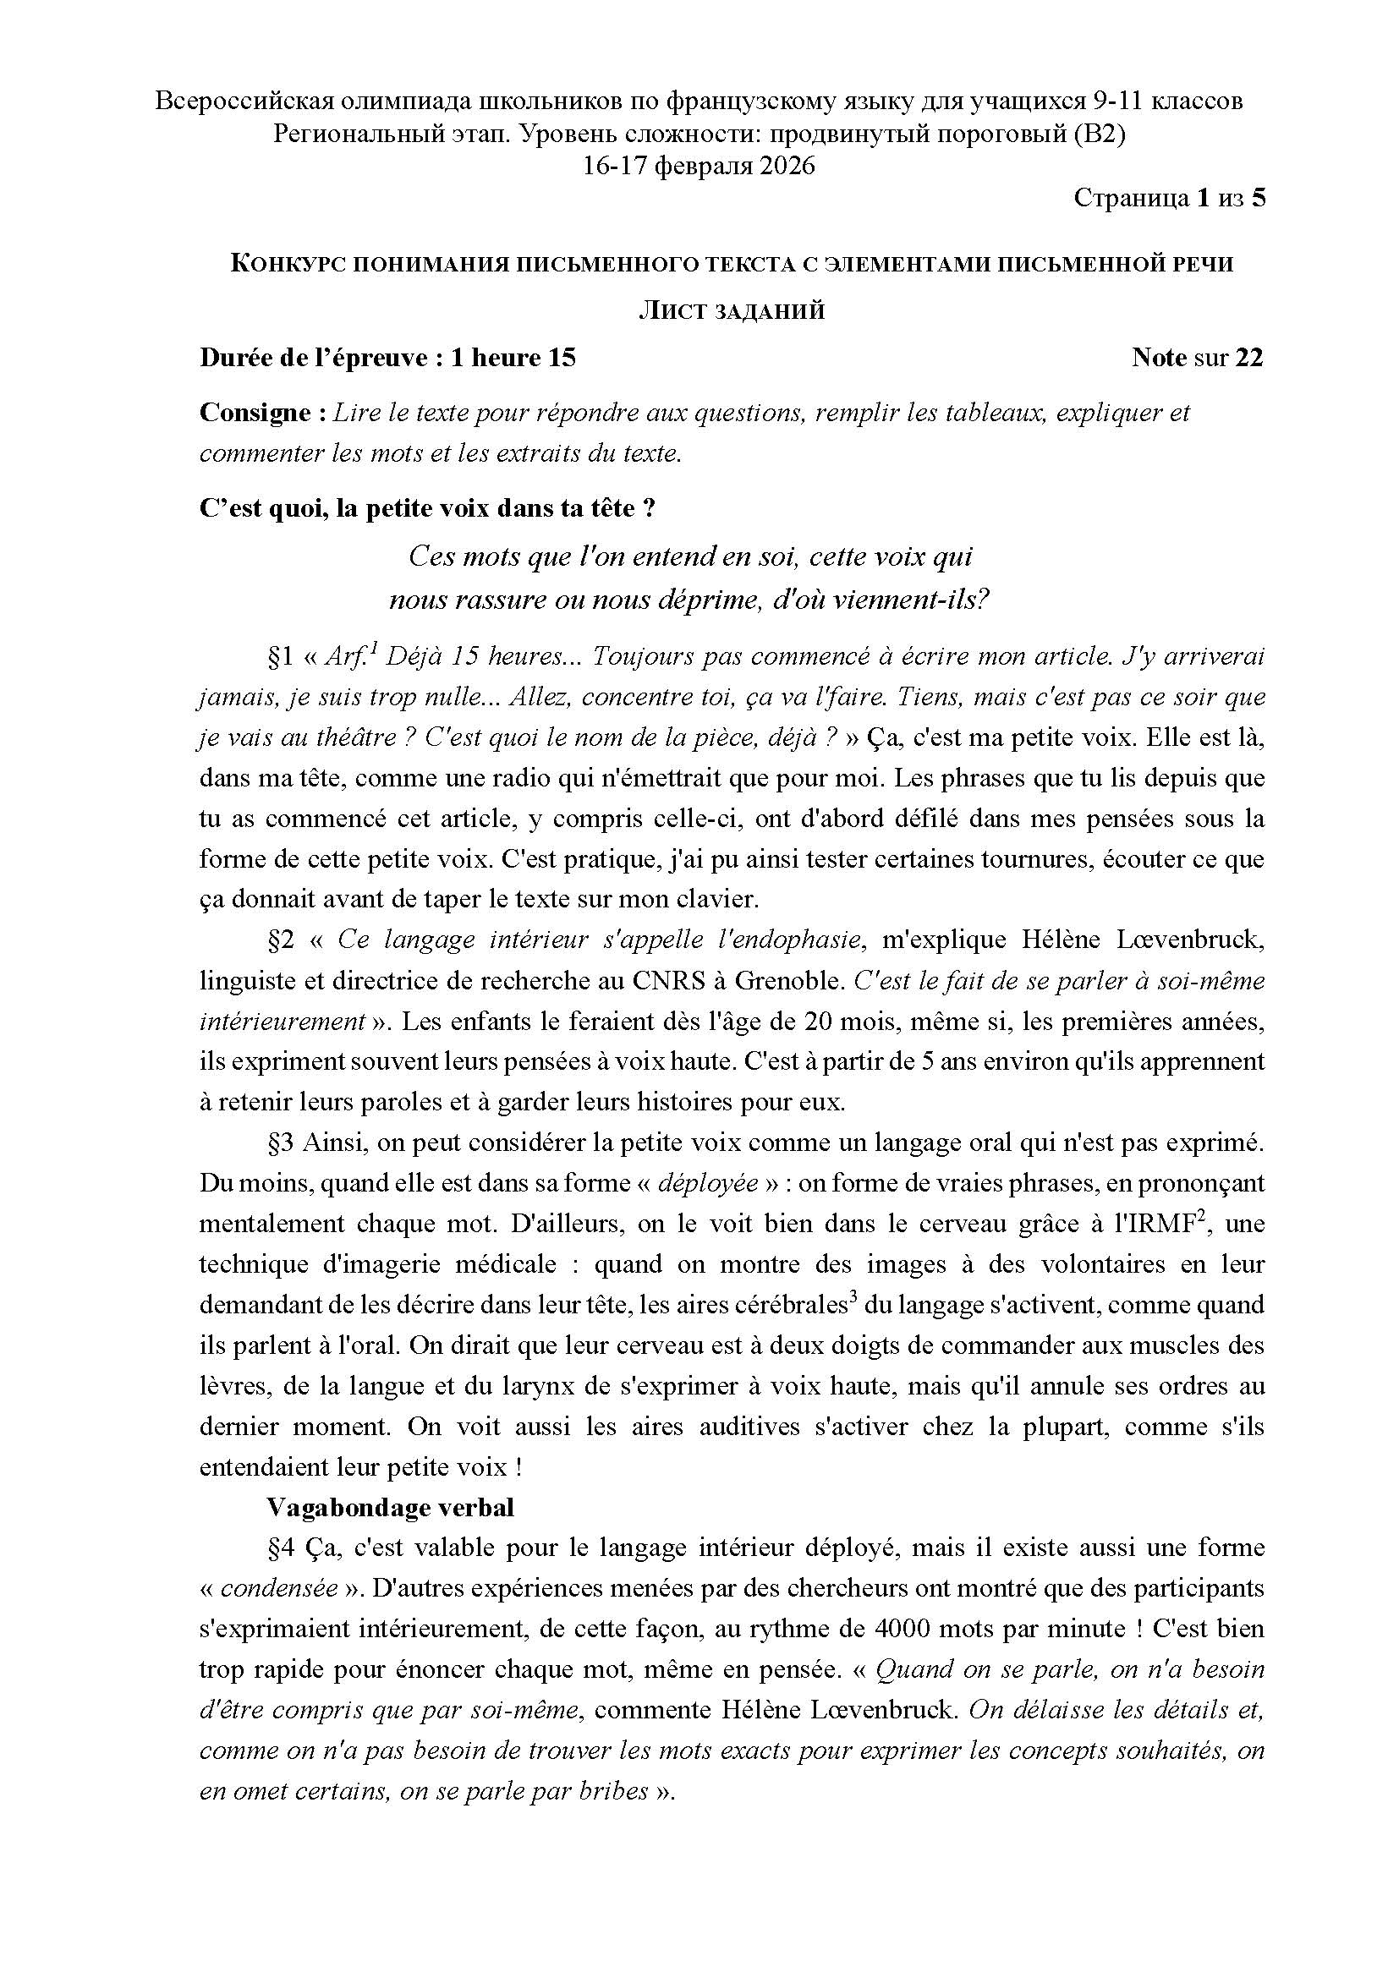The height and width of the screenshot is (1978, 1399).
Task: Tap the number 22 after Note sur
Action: (1248, 358)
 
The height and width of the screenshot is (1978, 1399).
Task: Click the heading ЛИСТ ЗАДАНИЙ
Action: (732, 311)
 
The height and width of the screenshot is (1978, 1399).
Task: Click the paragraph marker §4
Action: (281, 1548)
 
